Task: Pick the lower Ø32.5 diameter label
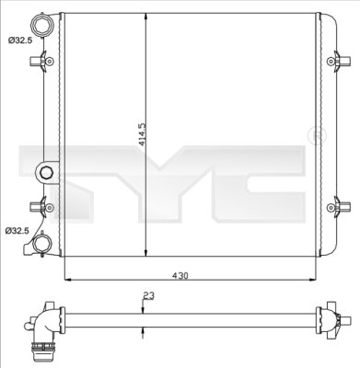(x=17, y=230)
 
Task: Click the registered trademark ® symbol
(x=316, y=137)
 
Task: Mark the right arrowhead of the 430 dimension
(x=314, y=276)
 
